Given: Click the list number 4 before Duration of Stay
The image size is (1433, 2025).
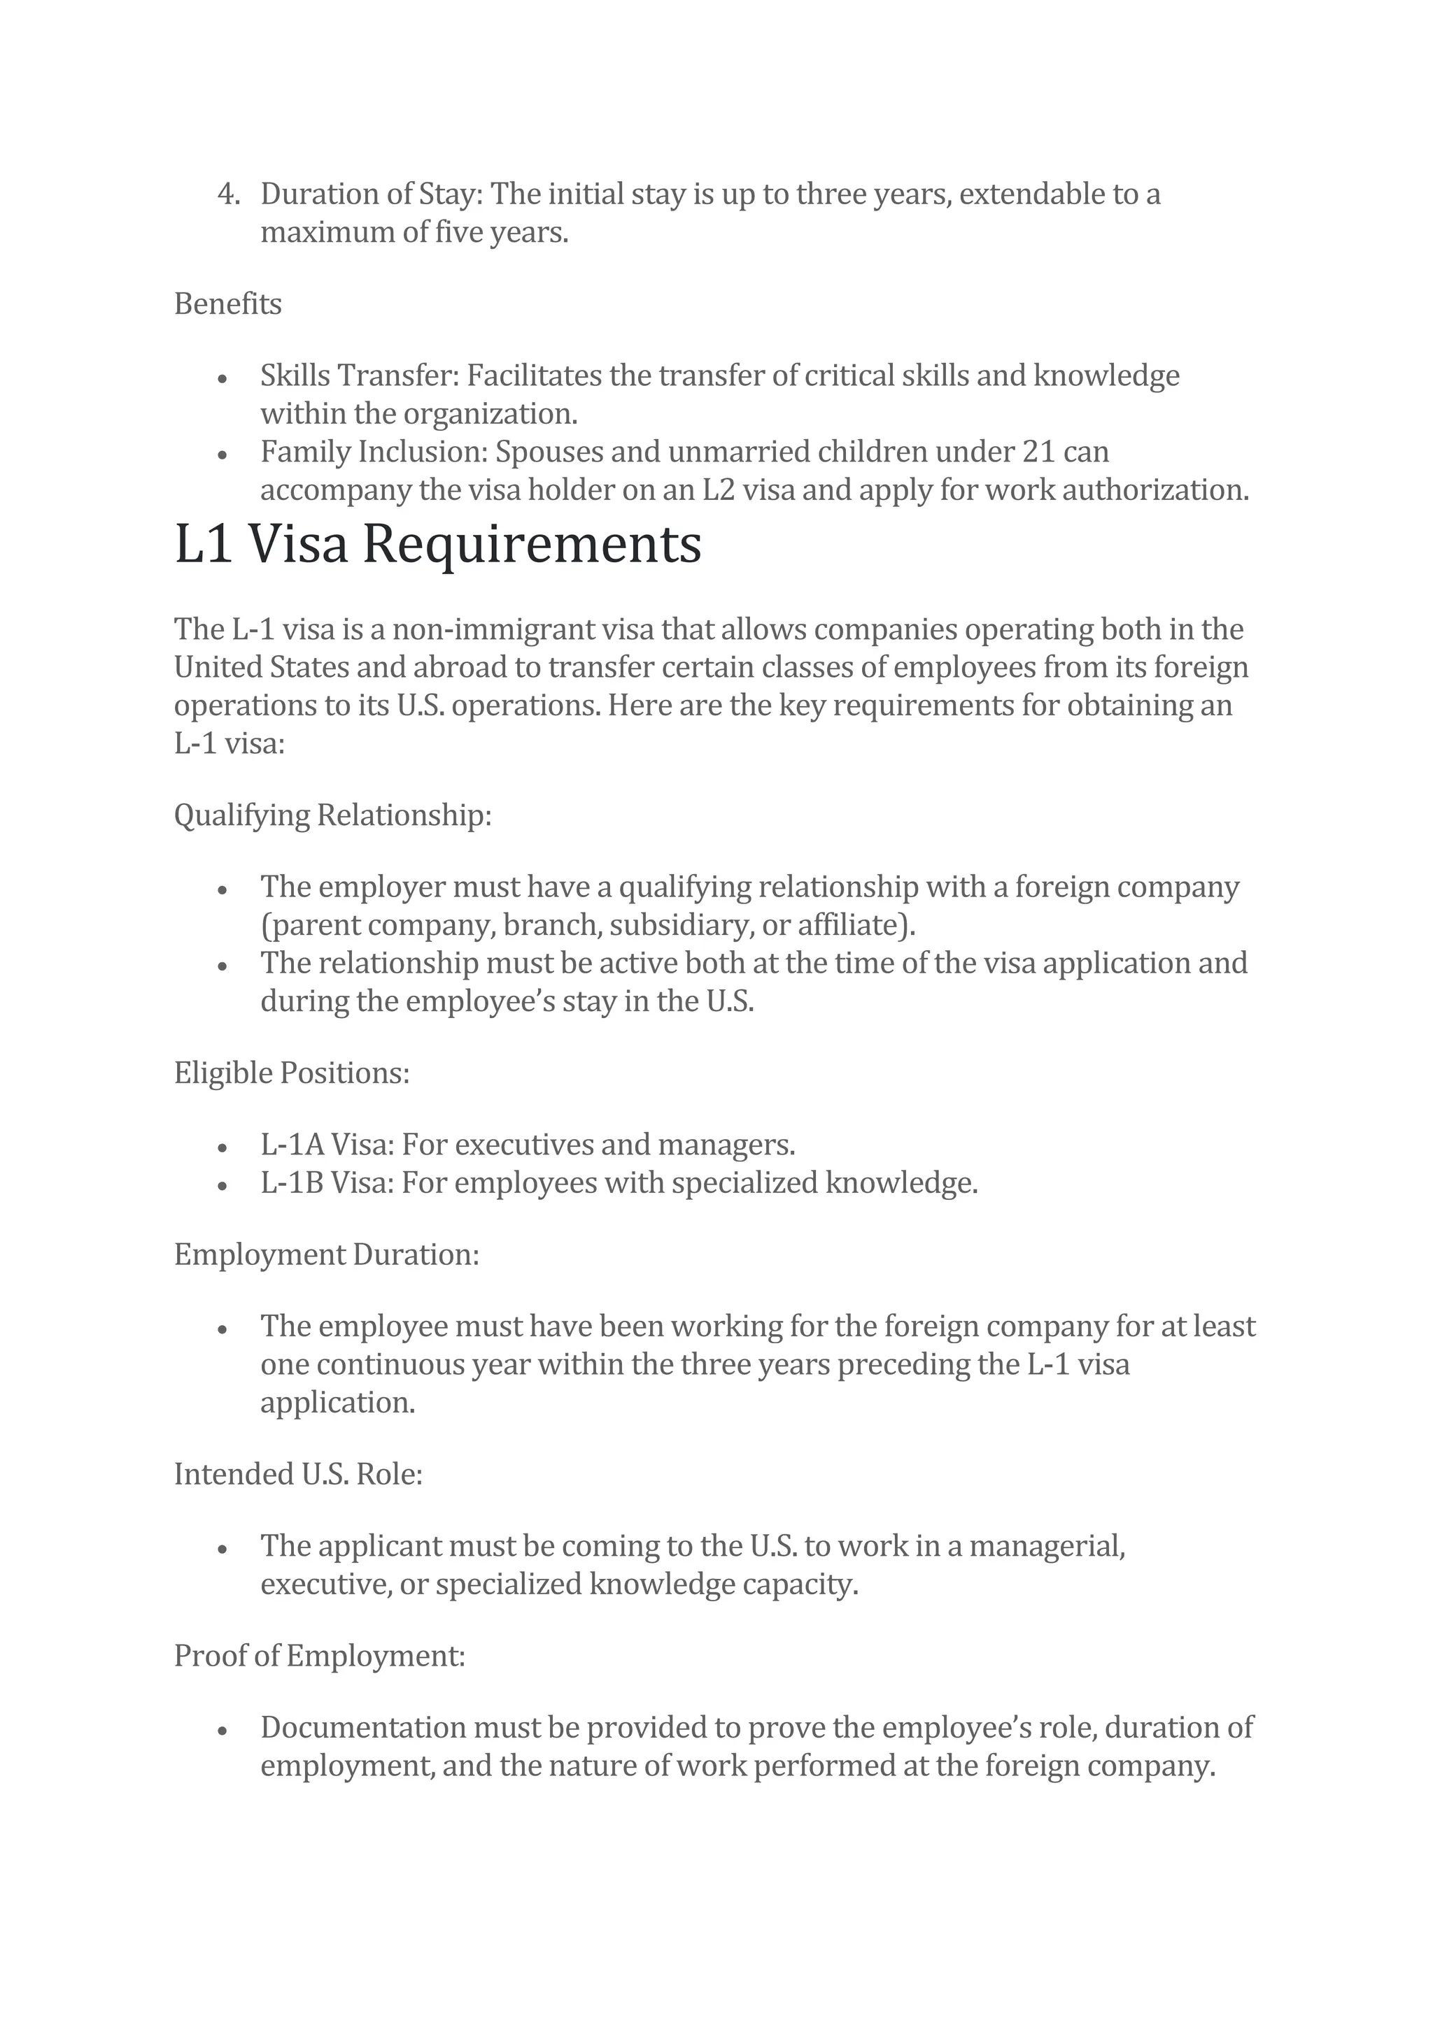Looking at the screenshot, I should click(227, 194).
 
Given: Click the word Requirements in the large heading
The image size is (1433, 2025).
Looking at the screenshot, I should click(532, 544).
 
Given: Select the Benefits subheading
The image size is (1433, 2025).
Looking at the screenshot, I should click(227, 304).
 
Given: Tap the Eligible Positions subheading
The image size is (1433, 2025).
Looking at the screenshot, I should click(291, 1073).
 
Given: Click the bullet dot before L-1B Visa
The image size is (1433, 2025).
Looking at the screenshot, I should click(223, 1186).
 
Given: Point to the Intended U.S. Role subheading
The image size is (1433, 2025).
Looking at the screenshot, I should click(298, 1474).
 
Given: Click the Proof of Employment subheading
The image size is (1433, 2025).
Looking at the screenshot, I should click(318, 1656).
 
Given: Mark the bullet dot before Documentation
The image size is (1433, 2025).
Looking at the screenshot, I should click(223, 1731).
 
